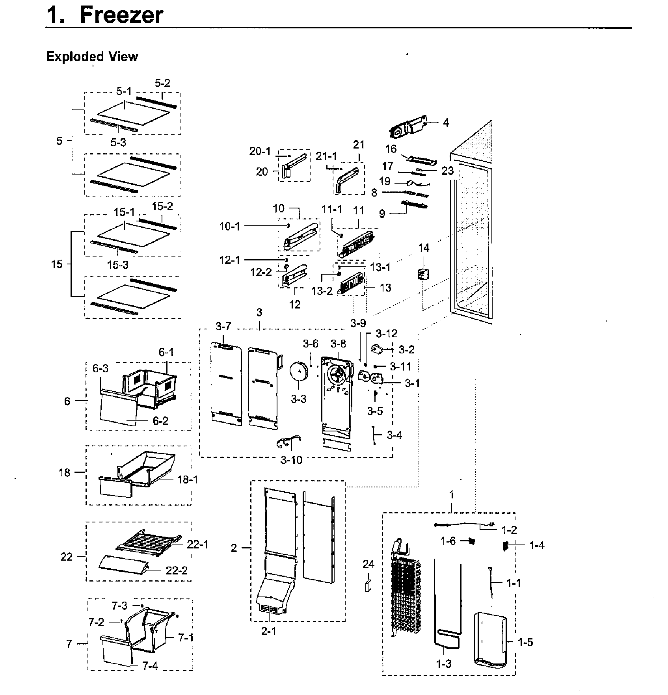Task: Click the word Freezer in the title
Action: tap(121, 15)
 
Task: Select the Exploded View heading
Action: tap(92, 56)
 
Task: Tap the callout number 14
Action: tap(424, 248)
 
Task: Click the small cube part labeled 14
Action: tap(423, 274)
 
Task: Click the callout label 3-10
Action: tap(291, 460)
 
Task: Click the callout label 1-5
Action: tap(525, 642)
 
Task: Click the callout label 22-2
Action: tap(176, 570)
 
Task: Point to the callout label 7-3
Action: tap(119, 605)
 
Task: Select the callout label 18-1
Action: tap(187, 479)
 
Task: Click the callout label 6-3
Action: tap(100, 368)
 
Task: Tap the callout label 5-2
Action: tap(162, 83)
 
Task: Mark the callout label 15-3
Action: tap(118, 265)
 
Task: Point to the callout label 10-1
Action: tap(229, 226)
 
